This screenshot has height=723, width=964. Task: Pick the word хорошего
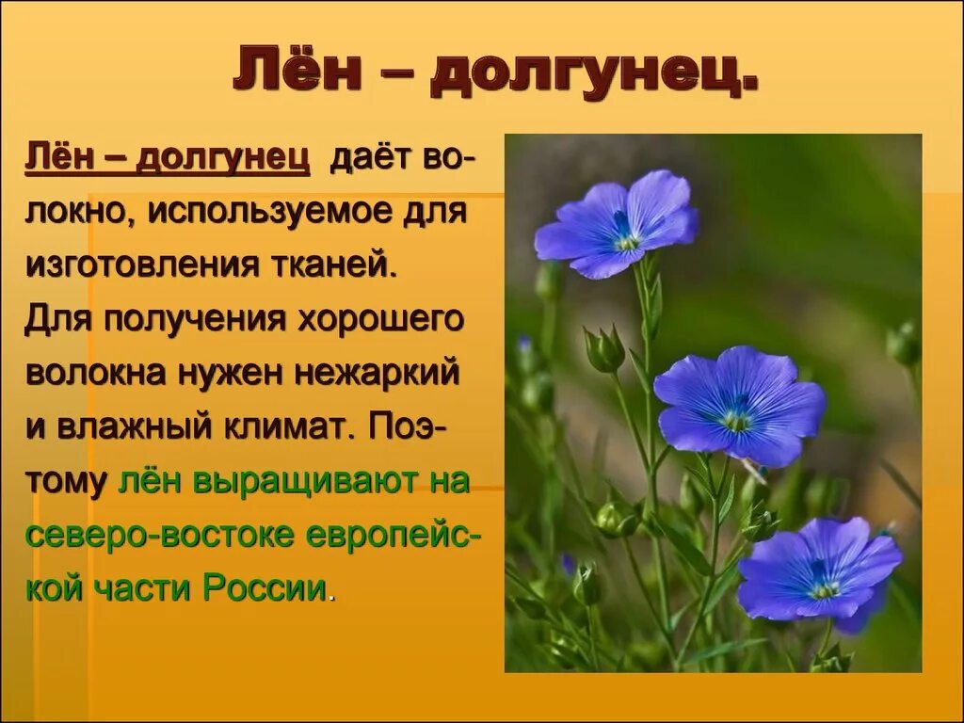(381, 319)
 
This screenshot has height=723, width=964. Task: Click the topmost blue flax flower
(618, 224)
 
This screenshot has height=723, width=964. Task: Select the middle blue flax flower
(739, 405)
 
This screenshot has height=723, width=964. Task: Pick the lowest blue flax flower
(819, 570)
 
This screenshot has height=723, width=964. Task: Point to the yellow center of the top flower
(627, 242)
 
